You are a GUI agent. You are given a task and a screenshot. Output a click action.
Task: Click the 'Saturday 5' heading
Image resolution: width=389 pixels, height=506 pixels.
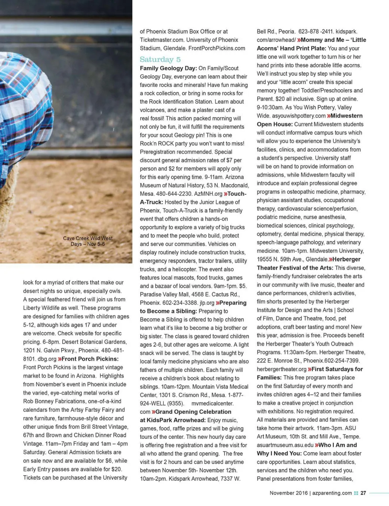(160, 59)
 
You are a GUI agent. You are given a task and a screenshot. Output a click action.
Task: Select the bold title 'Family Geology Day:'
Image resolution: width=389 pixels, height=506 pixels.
(168, 68)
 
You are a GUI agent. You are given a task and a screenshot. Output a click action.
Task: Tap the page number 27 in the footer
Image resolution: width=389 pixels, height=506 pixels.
(363, 493)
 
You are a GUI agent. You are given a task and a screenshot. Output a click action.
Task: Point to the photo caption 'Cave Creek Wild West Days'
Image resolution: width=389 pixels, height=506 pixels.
(88, 241)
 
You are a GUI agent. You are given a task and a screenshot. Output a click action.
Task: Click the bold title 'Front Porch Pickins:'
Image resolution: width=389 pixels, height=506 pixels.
(90, 359)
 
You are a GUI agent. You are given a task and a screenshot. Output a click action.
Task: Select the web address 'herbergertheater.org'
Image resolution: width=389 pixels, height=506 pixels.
(281, 369)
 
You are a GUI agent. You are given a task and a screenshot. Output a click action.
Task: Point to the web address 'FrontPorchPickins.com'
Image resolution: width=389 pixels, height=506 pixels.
(217, 48)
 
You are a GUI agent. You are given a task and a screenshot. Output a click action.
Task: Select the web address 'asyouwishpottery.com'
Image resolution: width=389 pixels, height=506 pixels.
(291, 116)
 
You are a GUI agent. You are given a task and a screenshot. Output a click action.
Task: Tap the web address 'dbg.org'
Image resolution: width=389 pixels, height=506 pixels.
(47, 359)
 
